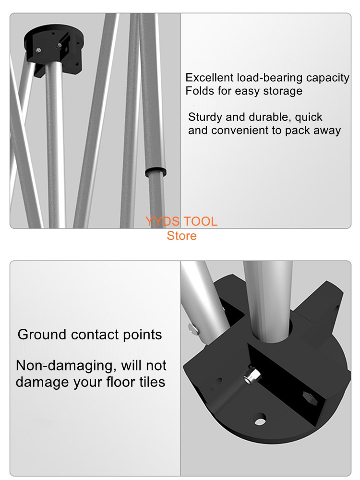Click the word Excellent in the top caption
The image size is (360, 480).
pos(209,77)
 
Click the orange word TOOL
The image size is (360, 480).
pos(200,221)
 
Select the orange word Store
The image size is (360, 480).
pos(181,236)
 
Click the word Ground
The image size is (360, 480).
pos(42,334)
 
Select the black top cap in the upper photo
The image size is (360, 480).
pos(54,49)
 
